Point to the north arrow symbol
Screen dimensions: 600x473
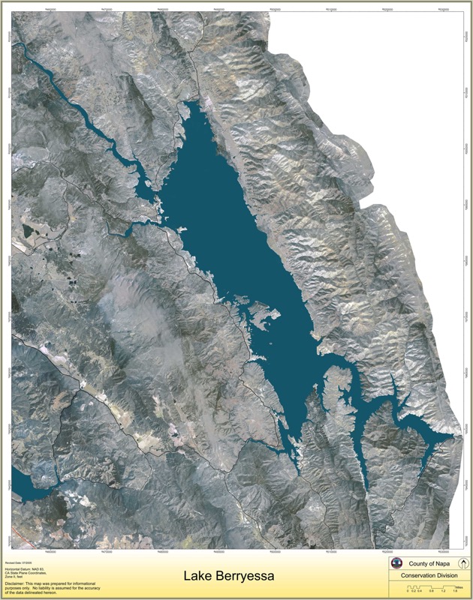pos(463,563)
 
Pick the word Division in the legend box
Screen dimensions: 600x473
pos(444,576)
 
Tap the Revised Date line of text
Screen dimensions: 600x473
pos(17,561)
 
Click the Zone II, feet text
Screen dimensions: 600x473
pos(14,574)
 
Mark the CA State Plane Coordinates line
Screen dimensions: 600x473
pos(26,571)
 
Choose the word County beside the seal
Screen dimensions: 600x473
pos(418,563)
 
